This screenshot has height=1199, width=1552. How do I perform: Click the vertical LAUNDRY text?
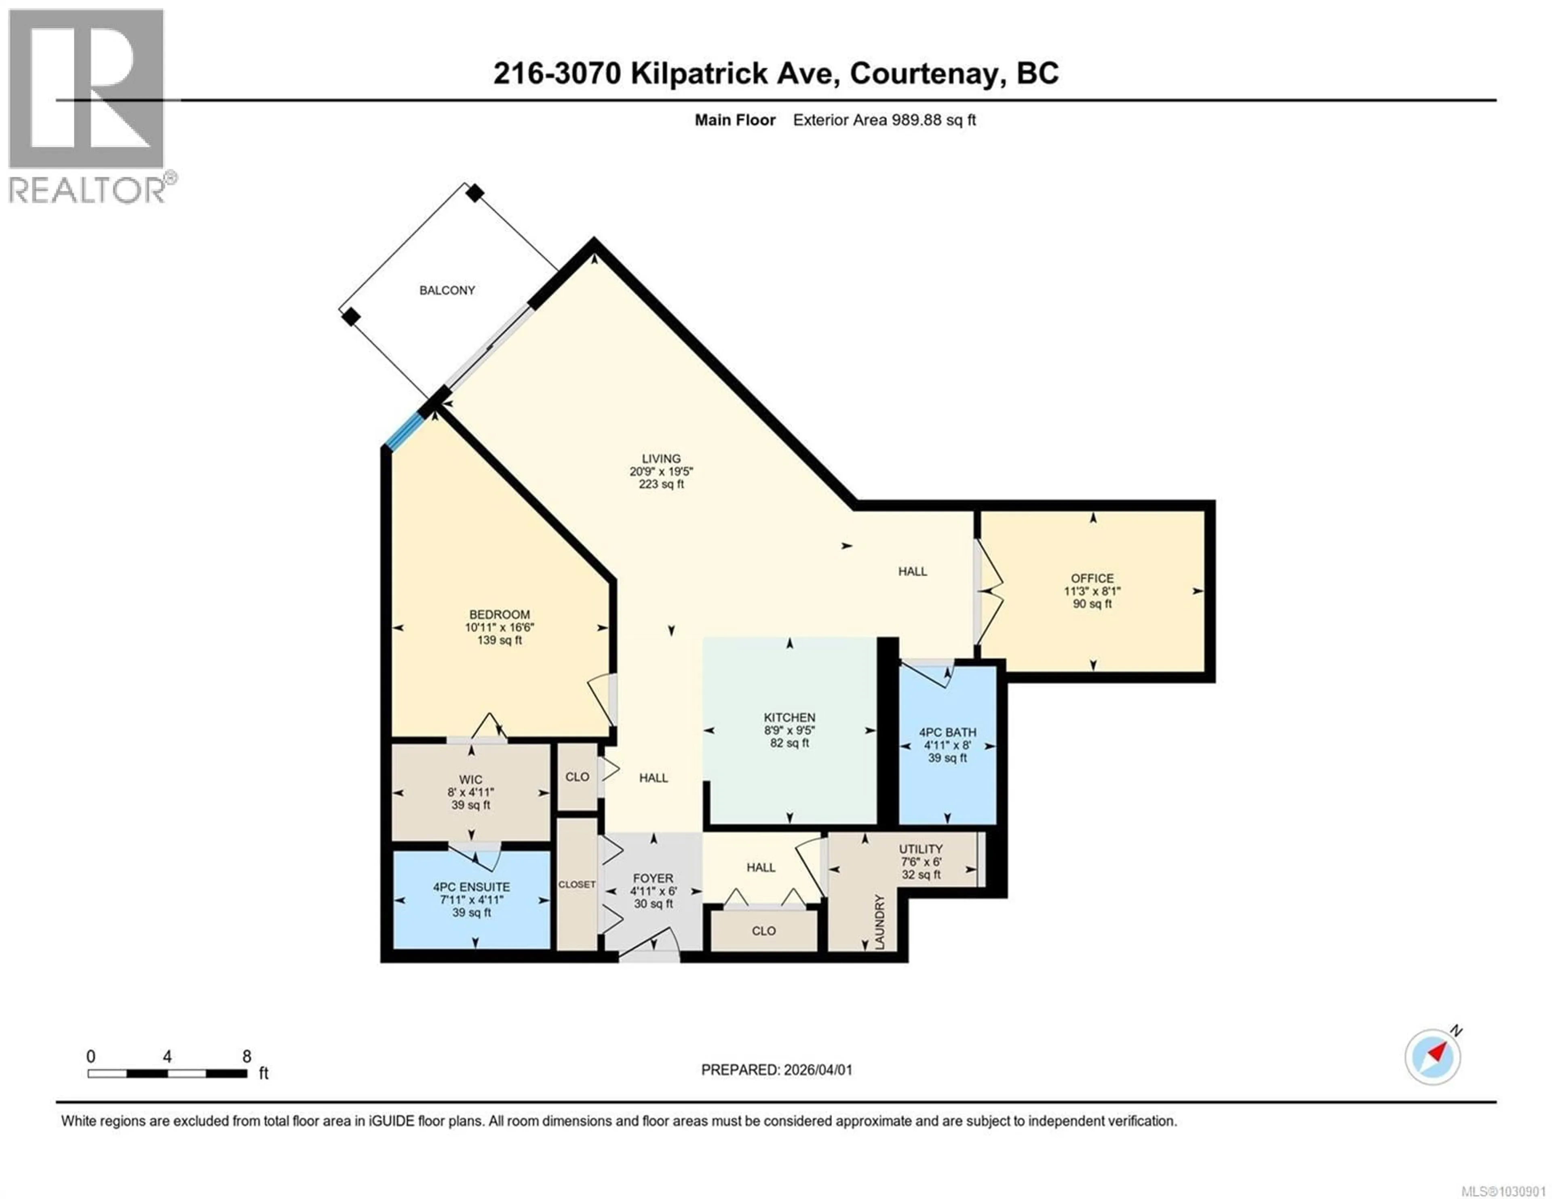pyautogui.click(x=880, y=922)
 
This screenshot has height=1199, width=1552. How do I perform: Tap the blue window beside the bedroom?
pyautogui.click(x=404, y=432)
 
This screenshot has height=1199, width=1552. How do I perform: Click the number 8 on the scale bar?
pyautogui.click(x=247, y=1056)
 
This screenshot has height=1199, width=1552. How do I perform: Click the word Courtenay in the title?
pyautogui.click(x=924, y=73)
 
